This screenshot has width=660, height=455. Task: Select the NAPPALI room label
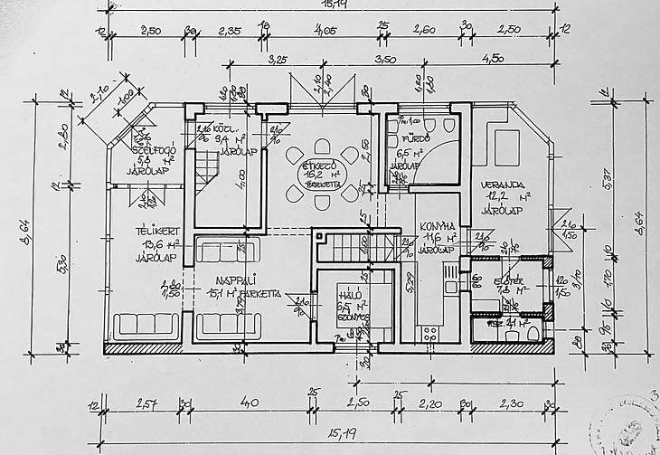[x=219, y=280]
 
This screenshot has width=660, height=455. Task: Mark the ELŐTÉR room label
[x=510, y=281]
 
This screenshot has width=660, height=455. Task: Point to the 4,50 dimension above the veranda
[x=493, y=60]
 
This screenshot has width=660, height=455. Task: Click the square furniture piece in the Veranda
[x=505, y=147]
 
